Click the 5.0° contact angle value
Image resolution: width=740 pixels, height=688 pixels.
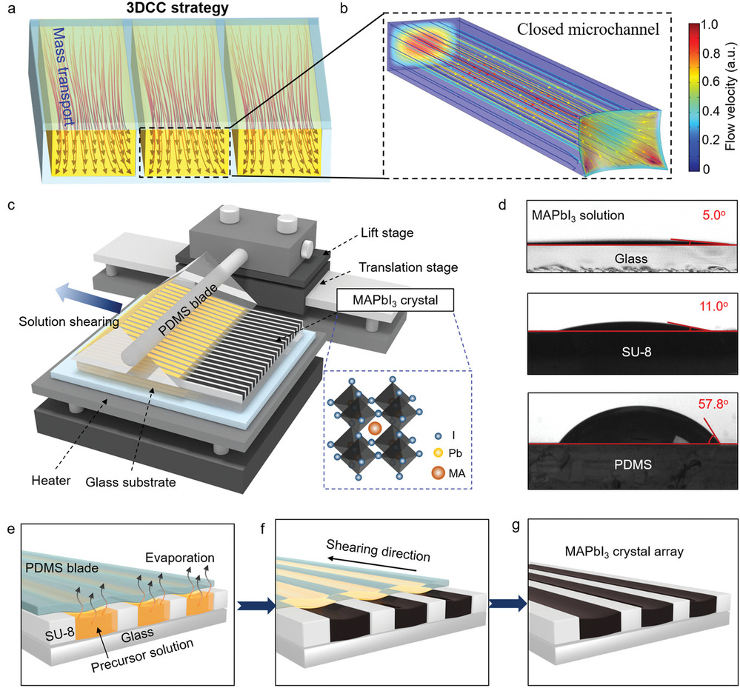[x=710, y=216]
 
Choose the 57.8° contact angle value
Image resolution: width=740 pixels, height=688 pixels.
[x=708, y=406]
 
